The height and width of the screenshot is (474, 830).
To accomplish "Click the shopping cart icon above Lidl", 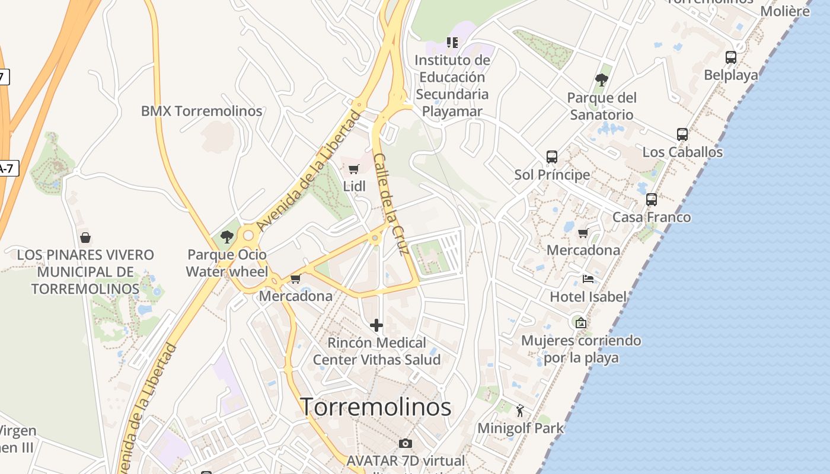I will tap(354, 169).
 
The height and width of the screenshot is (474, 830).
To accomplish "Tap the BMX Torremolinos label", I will tap(202, 111).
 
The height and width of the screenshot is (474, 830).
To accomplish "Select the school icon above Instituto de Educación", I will tap(452, 43).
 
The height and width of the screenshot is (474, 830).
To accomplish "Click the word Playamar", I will tap(452, 111).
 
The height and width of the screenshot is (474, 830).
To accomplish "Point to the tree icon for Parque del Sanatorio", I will tap(602, 80).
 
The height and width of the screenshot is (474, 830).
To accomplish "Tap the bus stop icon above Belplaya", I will tap(731, 57).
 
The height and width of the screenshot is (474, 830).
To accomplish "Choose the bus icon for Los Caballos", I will tap(682, 134).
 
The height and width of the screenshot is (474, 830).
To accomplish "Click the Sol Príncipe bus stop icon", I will tap(552, 157).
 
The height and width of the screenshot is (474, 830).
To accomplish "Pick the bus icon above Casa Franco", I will tap(652, 200).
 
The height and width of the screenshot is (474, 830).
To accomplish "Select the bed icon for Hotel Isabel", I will tap(588, 278).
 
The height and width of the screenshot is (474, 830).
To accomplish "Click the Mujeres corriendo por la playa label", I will tap(581, 349).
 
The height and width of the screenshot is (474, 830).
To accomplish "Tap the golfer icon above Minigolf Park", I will tap(520, 410).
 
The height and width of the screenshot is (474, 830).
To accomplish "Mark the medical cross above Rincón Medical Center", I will tap(376, 325).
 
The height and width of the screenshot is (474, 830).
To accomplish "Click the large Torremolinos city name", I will tap(375, 407).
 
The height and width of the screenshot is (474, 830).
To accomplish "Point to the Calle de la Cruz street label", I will tap(392, 204).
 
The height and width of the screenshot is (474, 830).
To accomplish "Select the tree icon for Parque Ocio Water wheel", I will tap(226, 237).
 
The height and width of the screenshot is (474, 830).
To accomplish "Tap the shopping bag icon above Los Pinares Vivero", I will tap(85, 238).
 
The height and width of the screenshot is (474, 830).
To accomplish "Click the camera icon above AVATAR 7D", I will tap(406, 443).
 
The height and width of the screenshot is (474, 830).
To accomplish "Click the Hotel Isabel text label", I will tap(588, 296).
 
